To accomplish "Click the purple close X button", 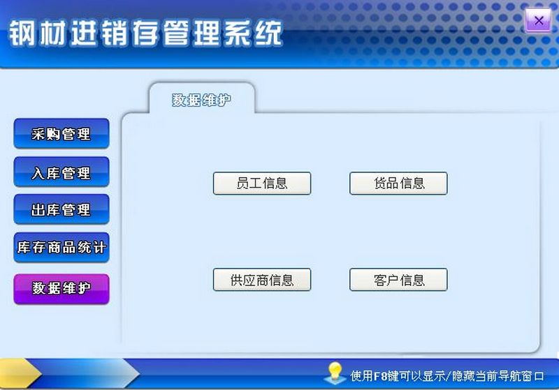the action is (538, 21).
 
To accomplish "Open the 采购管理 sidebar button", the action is (61, 134).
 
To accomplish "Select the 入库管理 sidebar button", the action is (61, 172).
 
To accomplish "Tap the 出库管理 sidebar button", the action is (61, 209).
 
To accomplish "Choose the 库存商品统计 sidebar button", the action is (61, 248).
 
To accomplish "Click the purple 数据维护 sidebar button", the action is (61, 289).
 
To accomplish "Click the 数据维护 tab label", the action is (201, 100).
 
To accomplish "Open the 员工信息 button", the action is (262, 183).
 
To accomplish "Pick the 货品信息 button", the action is (398, 183).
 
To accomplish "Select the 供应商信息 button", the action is (262, 280).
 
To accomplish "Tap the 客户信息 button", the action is (398, 280).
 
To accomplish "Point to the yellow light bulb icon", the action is (335, 373).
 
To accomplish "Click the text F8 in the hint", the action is (380, 376).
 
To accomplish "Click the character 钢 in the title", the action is (22, 33).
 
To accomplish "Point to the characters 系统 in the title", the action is (254, 33).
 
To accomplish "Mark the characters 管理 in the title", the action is (193, 33).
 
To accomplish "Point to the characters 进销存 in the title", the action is (115, 33).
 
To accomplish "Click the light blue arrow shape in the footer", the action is (89, 373).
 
